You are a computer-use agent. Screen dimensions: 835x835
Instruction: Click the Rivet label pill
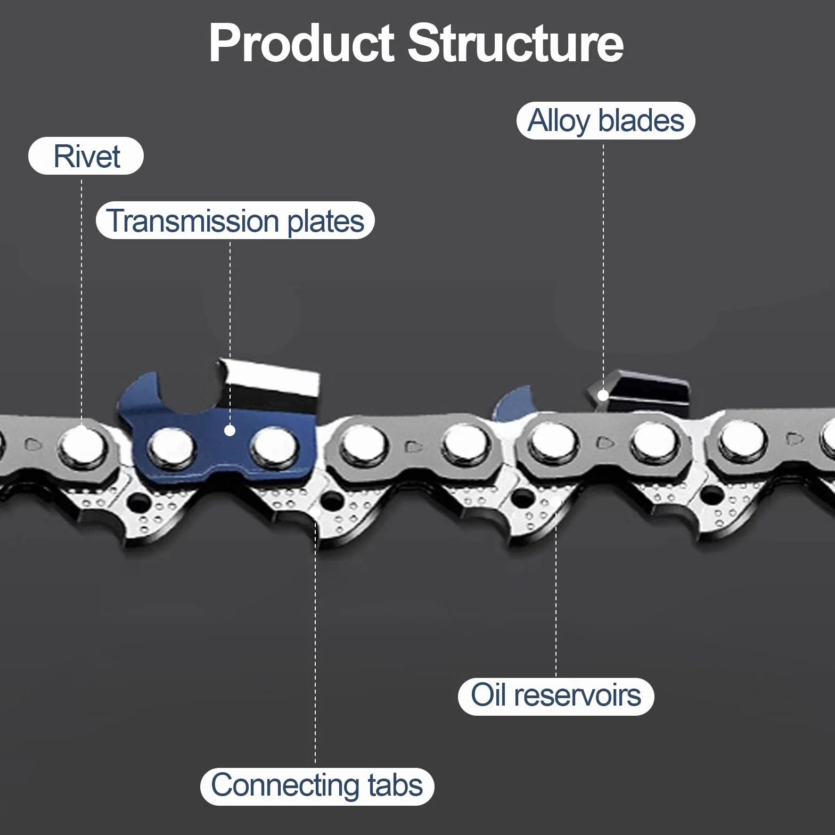[86, 156]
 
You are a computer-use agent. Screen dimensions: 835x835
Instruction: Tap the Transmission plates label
[235, 220]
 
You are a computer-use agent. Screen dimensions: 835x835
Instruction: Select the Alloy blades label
[605, 121]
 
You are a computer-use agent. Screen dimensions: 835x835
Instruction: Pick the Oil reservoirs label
[556, 696]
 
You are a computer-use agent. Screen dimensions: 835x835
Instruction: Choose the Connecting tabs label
[317, 786]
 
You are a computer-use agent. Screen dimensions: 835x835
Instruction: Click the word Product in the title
[301, 43]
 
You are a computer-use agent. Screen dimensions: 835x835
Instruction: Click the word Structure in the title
[515, 43]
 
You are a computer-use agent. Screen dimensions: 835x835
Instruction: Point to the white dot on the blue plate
[230, 430]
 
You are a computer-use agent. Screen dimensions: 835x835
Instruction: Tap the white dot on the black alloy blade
[603, 395]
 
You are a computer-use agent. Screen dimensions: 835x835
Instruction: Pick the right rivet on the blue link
[274, 446]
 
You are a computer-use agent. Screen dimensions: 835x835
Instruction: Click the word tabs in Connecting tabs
[395, 786]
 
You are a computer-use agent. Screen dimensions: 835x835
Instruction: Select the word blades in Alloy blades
[641, 121]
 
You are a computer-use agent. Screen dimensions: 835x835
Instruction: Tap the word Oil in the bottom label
[489, 695]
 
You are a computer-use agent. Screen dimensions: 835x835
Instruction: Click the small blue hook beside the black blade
[513, 402]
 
